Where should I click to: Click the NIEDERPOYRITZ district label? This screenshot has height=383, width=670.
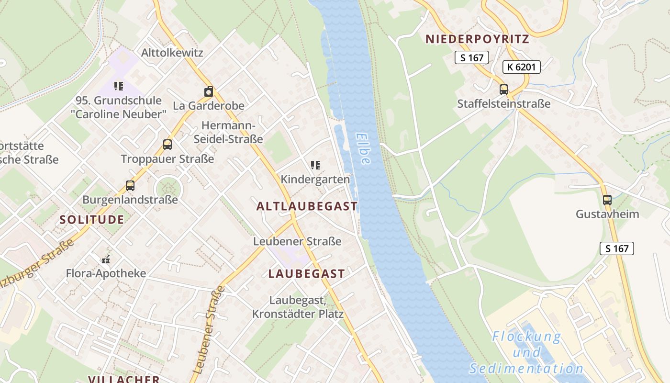pyautogui.click(x=477, y=39)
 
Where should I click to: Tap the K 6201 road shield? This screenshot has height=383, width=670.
pyautogui.click(x=521, y=67)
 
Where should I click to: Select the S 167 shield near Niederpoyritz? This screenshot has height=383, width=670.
pyautogui.click(x=471, y=57)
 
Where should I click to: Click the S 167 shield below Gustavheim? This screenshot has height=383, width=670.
pyautogui.click(x=616, y=248)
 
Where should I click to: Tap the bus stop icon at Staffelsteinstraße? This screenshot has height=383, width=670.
pyautogui.click(x=503, y=89)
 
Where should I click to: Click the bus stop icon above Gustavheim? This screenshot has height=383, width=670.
pyautogui.click(x=607, y=200)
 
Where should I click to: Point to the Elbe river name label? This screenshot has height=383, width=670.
pyautogui.click(x=363, y=148)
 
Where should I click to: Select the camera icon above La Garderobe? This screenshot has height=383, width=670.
pyautogui.click(x=208, y=91)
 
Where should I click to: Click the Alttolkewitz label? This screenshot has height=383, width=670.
pyautogui.click(x=172, y=53)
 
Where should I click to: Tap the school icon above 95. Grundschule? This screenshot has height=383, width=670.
pyautogui.click(x=118, y=86)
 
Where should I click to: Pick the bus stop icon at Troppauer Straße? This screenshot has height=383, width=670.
pyautogui.click(x=167, y=144)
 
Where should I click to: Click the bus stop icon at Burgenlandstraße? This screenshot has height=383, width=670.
pyautogui.click(x=130, y=185)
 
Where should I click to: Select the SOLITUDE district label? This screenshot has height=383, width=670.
pyautogui.click(x=92, y=220)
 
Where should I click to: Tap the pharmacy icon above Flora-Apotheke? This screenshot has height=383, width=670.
pyautogui.click(x=106, y=259)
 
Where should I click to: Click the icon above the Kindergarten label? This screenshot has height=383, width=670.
pyautogui.click(x=315, y=165)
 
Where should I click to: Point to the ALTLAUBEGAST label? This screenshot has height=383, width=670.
pyautogui.click(x=307, y=206)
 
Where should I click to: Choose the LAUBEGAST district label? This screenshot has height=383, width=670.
pyautogui.click(x=306, y=274)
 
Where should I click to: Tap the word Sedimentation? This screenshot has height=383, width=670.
pyautogui.click(x=526, y=369)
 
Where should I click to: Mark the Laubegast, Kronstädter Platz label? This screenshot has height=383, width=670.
pyautogui.click(x=298, y=307)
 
